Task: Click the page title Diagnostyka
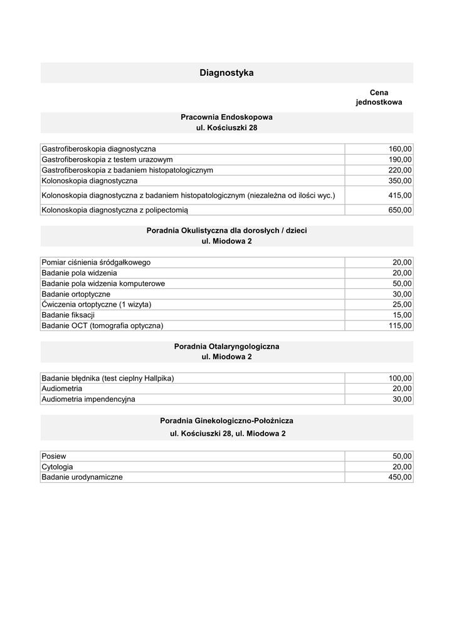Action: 226,73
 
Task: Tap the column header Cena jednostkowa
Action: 379,97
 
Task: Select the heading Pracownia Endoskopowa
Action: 226,117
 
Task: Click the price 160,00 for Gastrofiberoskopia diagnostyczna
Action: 400,149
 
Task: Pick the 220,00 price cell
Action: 400,170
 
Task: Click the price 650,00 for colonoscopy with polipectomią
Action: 400,210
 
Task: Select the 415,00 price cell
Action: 400,196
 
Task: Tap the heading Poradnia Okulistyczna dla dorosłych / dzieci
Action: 226,231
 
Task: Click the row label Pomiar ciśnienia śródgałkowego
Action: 96,262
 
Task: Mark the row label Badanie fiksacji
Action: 68,315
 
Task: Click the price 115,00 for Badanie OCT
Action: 400,325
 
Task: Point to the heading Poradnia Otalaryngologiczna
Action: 226,346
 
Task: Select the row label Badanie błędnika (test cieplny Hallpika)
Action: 107,378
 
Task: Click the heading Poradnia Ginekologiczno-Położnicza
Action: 226,420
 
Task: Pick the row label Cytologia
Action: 57,467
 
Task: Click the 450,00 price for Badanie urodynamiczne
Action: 400,477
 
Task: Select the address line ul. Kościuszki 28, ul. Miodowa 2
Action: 226,433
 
